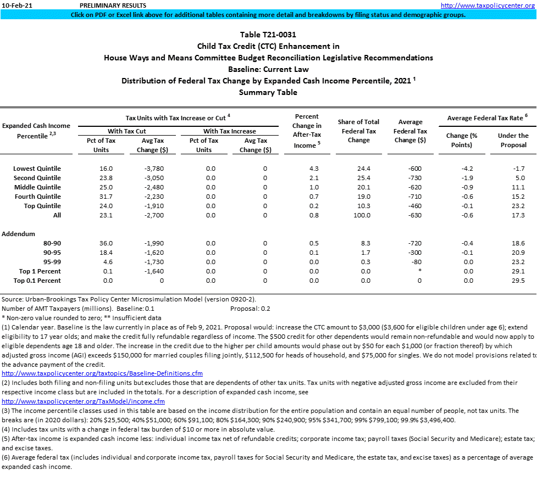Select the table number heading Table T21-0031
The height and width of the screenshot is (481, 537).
pyautogui.click(x=268, y=35)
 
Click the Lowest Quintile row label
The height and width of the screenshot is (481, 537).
pyautogui.click(x=37, y=169)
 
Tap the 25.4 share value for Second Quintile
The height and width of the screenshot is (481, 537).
pyautogui.click(x=363, y=178)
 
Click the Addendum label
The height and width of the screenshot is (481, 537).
pyautogui.click(x=18, y=234)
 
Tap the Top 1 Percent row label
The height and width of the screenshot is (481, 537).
pyautogui.click(x=40, y=271)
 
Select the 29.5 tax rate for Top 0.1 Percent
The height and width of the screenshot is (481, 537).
pyautogui.click(x=518, y=281)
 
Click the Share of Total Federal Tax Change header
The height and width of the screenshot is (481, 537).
pyautogui.click(x=358, y=131)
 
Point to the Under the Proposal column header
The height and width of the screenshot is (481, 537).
pyautogui.click(x=513, y=140)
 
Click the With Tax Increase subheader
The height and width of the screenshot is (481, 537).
pyautogui.click(x=229, y=131)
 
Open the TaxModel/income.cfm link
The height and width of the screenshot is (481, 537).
pyautogui.click(x=83, y=401)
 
